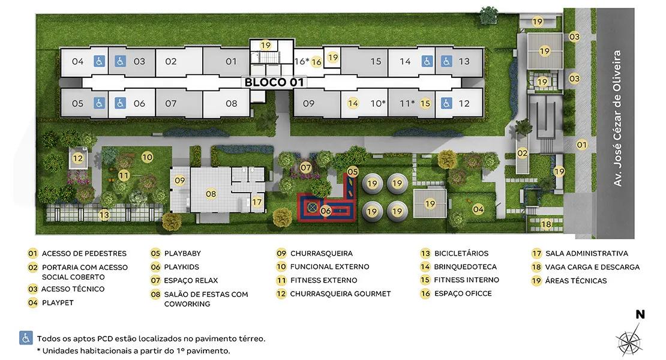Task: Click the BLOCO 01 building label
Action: point(274,82)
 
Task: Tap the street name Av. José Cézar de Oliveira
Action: point(617,118)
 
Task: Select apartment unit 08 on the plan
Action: point(232,103)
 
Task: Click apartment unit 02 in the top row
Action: point(171,62)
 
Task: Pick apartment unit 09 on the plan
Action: point(309,103)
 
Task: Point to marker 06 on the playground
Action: point(325,211)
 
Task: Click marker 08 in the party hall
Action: point(211,194)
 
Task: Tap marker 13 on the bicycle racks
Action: point(104,215)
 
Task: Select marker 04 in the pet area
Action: point(478,209)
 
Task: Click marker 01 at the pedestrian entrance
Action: point(582,145)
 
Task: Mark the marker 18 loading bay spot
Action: point(546,224)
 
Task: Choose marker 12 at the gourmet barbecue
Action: point(78,158)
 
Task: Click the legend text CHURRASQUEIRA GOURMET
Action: point(340,293)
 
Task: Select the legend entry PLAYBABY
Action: point(182,253)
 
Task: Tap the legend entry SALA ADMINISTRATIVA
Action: point(587,253)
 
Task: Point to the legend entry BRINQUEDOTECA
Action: point(465,266)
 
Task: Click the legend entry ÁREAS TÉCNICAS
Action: point(576,281)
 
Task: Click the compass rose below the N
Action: point(629,339)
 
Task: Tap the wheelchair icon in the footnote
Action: point(26,338)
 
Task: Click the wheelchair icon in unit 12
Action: point(446,103)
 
